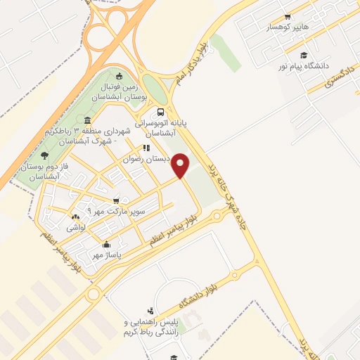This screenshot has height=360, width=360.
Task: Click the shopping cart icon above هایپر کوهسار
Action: [286, 16]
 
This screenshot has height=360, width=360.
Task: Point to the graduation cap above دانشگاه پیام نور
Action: [303, 55]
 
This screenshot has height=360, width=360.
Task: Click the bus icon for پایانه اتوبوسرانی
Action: [162, 111]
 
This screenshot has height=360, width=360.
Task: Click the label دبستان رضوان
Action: [147, 159]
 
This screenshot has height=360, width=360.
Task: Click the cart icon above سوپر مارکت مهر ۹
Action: [116, 200]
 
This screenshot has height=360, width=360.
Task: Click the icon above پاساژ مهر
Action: [106, 244]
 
